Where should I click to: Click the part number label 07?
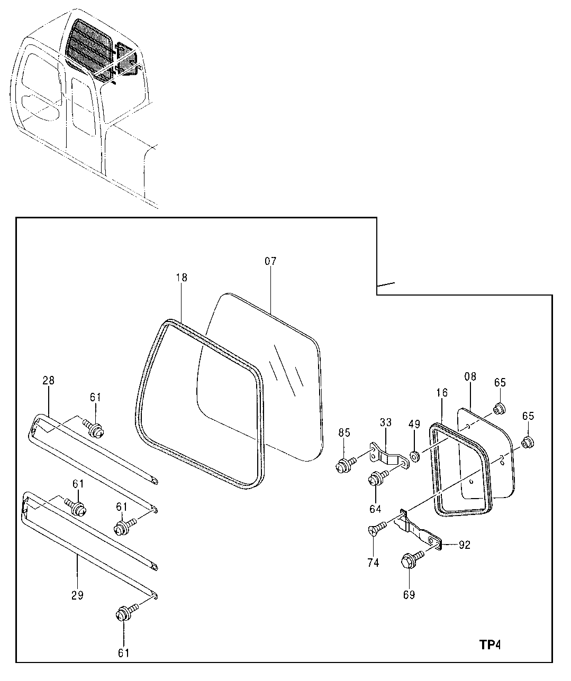[x=270, y=261]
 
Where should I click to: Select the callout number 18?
[x=181, y=278]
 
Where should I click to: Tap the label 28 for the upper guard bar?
[x=48, y=380]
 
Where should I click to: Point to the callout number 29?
[x=77, y=595]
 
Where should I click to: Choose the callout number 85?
[x=345, y=433]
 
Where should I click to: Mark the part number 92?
[x=464, y=545]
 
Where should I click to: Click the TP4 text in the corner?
[x=490, y=645]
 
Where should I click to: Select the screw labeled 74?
[x=375, y=529]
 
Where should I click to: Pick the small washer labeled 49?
[x=414, y=455]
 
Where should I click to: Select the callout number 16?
[x=442, y=392]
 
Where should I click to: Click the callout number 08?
[x=470, y=376]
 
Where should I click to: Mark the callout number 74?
[x=373, y=563]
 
